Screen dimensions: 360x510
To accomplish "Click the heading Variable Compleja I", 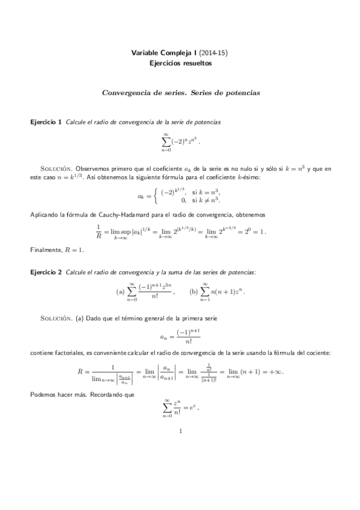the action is click(x=159, y=53).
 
